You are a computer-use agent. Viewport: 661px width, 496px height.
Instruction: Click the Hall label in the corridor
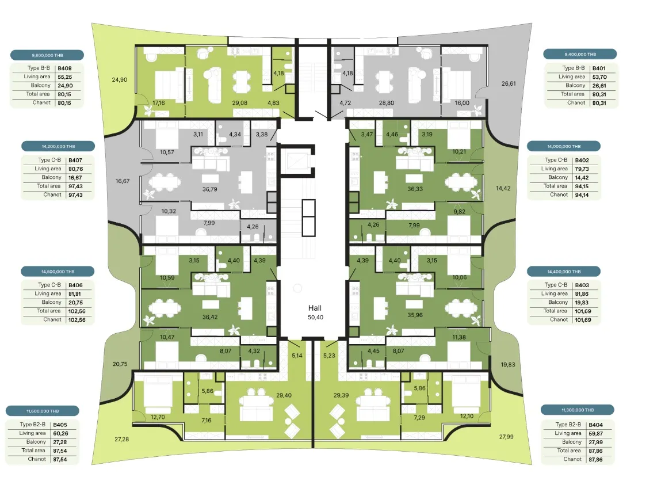pyautogui.click(x=315, y=308)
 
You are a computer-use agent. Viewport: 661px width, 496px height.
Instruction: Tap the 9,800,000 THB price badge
pyautogui.click(x=47, y=55)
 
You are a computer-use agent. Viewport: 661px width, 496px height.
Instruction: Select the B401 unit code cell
pyautogui.click(x=599, y=68)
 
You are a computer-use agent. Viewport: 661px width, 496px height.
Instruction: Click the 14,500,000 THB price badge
pyautogui.click(x=58, y=272)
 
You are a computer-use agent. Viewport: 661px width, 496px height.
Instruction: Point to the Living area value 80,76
pyautogui.click(x=76, y=169)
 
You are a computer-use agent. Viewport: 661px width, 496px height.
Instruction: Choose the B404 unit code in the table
pyautogui.click(x=595, y=425)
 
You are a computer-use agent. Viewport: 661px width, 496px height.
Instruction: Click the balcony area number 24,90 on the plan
pyautogui.click(x=119, y=80)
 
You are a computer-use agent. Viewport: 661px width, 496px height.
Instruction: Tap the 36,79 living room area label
pyautogui.click(x=209, y=189)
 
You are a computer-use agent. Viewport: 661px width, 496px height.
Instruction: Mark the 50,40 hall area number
pyautogui.click(x=315, y=317)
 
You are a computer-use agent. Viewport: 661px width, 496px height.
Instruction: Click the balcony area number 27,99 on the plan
pyautogui.click(x=506, y=437)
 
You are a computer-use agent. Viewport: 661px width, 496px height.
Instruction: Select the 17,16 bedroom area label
pyautogui.click(x=159, y=103)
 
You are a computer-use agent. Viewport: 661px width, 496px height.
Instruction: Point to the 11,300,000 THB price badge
pyautogui.click(x=578, y=410)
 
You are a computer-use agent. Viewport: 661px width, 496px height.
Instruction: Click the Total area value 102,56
pyautogui.click(x=77, y=311)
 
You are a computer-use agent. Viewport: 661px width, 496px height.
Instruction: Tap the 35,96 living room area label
pyautogui.click(x=415, y=315)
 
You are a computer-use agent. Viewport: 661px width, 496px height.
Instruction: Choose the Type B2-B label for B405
pyautogui.click(x=32, y=424)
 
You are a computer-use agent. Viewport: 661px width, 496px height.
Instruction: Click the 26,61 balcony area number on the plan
pyautogui.click(x=509, y=83)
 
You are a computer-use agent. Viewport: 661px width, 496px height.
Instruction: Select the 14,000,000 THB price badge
pyautogui.click(x=564, y=146)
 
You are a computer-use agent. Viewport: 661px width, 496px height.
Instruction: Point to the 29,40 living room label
pyautogui.click(x=284, y=395)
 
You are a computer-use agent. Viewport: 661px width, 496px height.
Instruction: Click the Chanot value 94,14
pyautogui.click(x=582, y=195)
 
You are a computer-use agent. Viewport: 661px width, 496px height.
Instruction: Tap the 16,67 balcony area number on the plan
pyautogui.click(x=123, y=181)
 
